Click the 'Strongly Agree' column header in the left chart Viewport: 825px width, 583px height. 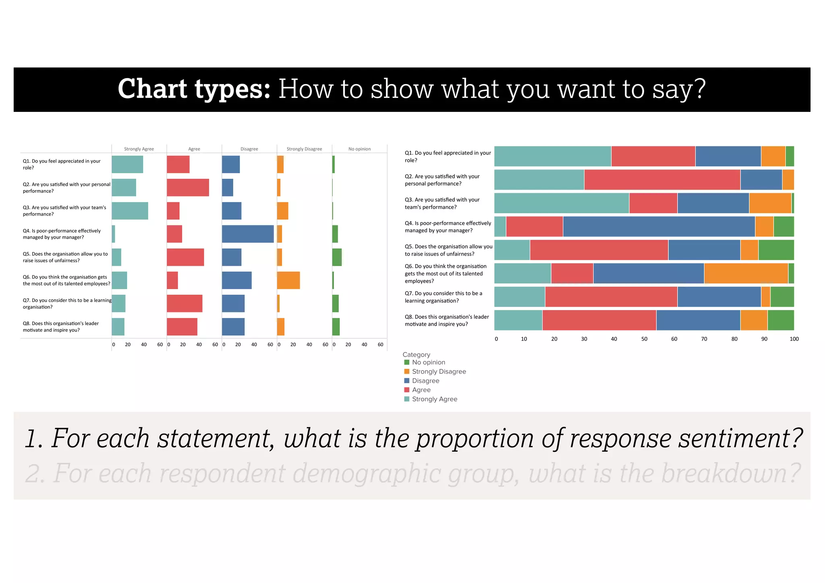tap(139, 149)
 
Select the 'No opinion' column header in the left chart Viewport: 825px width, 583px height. tap(359, 149)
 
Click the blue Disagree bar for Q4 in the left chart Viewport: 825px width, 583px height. tap(248, 234)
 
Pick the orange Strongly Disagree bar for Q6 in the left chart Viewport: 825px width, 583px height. tap(288, 280)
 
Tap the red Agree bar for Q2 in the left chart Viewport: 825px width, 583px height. tap(188, 188)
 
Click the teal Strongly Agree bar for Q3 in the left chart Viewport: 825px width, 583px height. tap(130, 211)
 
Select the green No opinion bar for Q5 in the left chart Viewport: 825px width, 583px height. tap(337, 257)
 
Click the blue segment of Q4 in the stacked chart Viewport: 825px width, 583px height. tap(659, 226)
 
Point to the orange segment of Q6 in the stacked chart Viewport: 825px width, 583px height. tap(746, 273)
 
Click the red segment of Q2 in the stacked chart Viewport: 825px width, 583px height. tap(662, 180)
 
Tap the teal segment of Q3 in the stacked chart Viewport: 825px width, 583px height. tap(561, 203)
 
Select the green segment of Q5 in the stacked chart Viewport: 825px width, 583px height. tap(776, 250)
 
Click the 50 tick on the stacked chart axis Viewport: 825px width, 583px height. tap(644, 339)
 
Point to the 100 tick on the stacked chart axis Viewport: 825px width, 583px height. tap(794, 339)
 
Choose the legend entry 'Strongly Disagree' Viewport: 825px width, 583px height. tap(439, 372)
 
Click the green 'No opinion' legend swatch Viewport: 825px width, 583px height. tap(406, 362)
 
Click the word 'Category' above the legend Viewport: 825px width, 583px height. tap(416, 355)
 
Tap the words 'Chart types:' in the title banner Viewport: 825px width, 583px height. tap(194, 89)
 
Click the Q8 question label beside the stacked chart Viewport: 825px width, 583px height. tap(446, 320)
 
